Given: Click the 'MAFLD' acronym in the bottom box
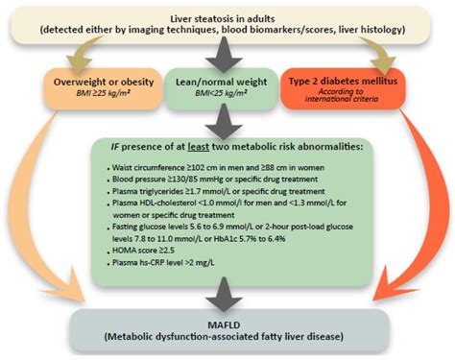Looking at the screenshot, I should (x=227, y=324).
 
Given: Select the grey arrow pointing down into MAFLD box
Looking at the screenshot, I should (x=227, y=294).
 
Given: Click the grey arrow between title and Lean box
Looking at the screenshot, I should (x=227, y=55).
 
